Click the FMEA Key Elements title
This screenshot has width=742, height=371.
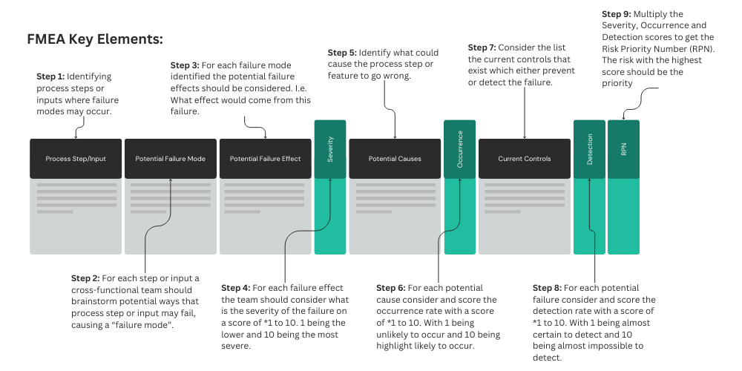[94, 39]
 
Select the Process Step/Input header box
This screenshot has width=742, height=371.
[75, 159]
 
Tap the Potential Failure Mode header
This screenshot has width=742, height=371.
[170, 159]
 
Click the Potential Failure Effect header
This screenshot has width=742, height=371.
[265, 159]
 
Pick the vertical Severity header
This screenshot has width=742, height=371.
[330, 149]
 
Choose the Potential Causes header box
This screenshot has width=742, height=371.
[395, 159]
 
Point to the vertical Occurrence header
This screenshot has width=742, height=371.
[459, 149]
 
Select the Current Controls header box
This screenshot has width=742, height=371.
[524, 159]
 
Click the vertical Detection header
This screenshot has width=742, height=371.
[589, 149]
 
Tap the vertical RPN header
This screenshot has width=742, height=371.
[623, 149]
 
